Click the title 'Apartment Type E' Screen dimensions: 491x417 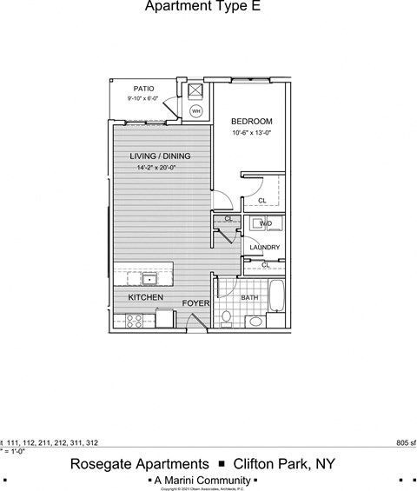click(x=202, y=8)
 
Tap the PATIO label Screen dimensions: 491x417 click(x=144, y=89)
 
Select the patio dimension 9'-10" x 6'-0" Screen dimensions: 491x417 click(x=144, y=100)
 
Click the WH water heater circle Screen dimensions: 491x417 click(x=196, y=111)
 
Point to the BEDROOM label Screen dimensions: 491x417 click(x=252, y=121)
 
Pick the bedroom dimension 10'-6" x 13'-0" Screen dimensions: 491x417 click(x=252, y=133)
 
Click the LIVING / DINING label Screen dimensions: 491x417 click(x=160, y=156)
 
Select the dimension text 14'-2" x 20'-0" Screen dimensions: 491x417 click(x=160, y=168)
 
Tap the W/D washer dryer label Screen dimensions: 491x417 click(x=265, y=224)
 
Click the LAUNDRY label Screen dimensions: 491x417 click(x=264, y=248)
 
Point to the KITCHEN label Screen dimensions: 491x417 click(x=146, y=298)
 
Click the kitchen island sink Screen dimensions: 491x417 click(x=149, y=280)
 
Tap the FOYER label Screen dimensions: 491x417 click(x=195, y=303)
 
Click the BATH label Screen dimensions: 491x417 click(x=250, y=297)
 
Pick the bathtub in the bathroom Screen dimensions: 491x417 click(x=277, y=298)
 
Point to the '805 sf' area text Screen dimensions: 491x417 click(x=405, y=442)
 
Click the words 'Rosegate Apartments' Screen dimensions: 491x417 click(x=139, y=464)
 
